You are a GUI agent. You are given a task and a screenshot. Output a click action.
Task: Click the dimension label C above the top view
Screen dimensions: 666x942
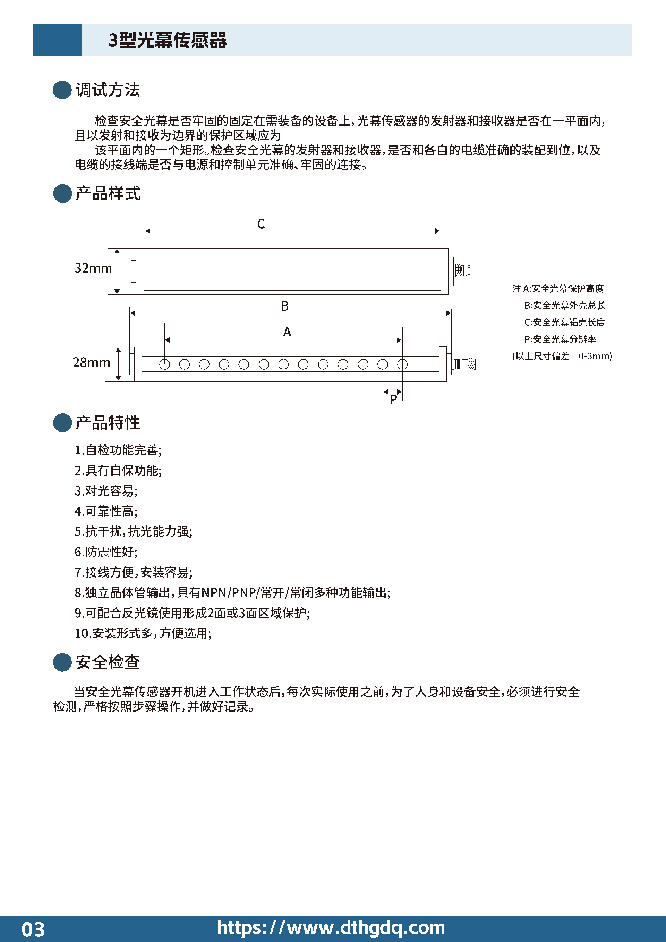[261, 224]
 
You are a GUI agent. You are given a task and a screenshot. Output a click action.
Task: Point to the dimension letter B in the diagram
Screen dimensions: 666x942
[284, 306]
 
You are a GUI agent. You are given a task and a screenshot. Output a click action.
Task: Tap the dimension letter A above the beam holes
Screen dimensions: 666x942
[287, 331]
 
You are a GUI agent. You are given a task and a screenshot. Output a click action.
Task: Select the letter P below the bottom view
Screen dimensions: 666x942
[393, 399]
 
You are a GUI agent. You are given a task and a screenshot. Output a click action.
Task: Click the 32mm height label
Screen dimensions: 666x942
[93, 268]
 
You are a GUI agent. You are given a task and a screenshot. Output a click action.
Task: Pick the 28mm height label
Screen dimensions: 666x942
[92, 362]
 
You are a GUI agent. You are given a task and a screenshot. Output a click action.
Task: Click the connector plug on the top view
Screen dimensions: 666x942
[463, 271]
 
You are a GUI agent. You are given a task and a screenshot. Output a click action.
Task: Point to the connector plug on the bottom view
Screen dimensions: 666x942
[464, 364]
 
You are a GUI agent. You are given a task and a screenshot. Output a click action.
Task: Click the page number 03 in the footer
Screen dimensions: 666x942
[33, 929]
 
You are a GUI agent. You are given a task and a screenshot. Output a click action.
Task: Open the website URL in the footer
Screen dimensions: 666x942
[331, 928]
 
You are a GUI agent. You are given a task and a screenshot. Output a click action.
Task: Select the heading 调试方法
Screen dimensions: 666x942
[108, 90]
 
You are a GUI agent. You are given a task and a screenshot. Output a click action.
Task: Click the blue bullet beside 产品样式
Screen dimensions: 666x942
[62, 193]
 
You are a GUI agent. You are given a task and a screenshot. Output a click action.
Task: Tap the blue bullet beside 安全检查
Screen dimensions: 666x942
[62, 662]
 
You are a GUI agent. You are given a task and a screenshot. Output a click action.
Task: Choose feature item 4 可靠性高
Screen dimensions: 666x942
[106, 511]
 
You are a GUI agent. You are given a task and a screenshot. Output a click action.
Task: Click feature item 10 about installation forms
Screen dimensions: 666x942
[143, 633]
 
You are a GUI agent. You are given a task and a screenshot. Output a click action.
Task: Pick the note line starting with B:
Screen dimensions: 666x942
[564, 305]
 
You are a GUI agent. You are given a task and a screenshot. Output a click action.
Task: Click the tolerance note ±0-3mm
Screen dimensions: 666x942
[562, 356]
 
